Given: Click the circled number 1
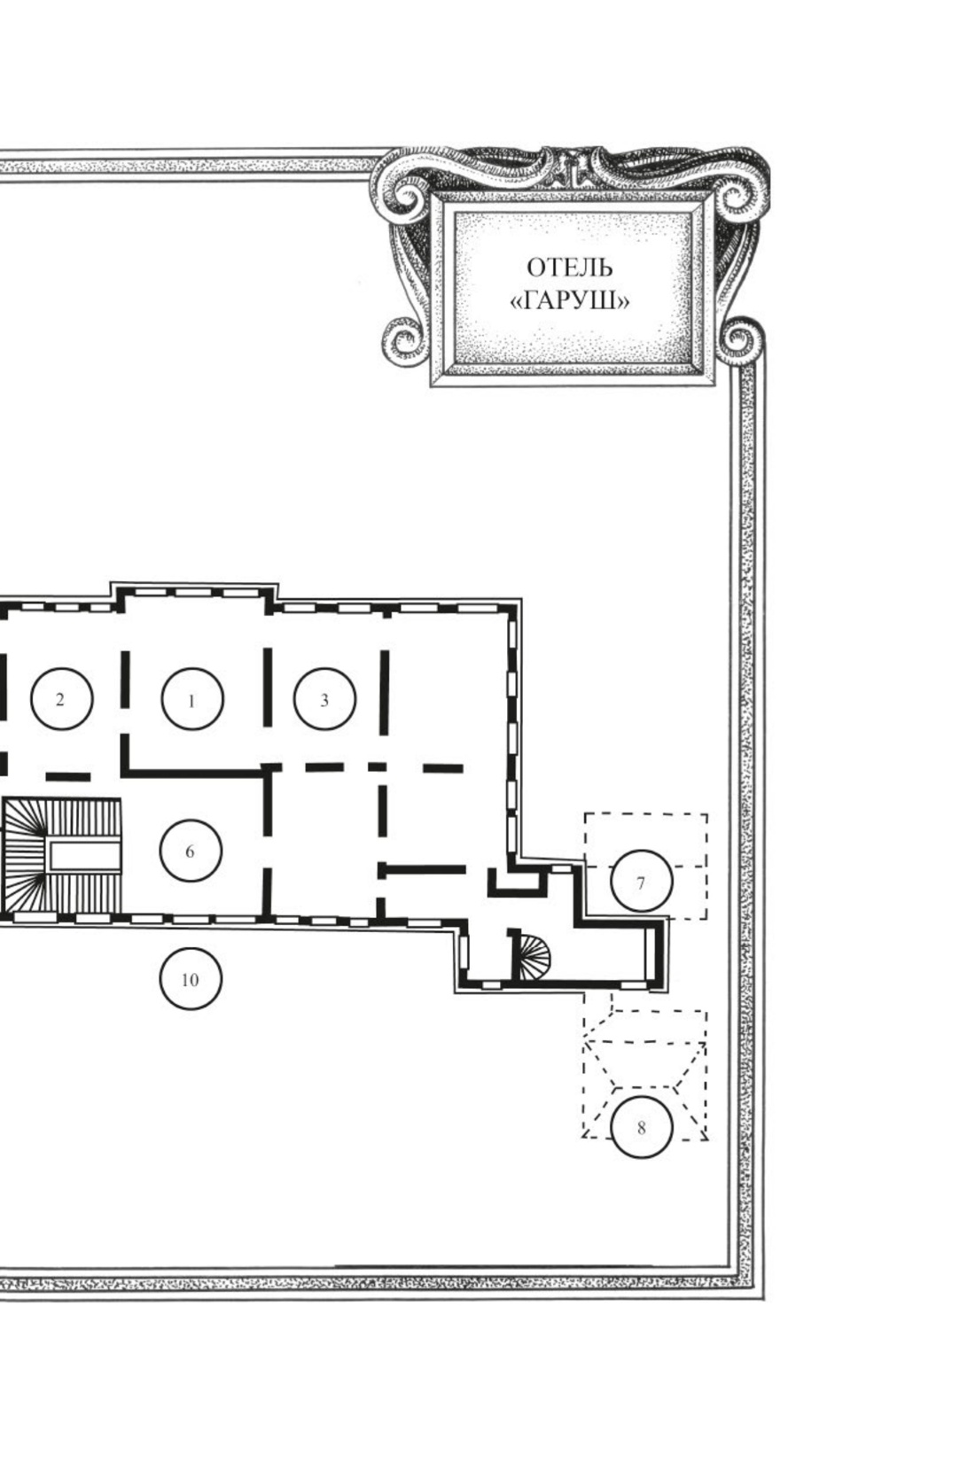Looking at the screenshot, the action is tap(192, 699).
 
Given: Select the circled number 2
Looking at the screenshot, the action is tap(61, 698).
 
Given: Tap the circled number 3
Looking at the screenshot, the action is tap(324, 698).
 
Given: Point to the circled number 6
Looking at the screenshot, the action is tap(191, 851).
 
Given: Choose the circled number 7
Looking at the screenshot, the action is tap(641, 881).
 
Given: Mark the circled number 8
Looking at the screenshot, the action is tap(642, 1126).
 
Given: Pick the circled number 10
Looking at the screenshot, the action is tap(191, 979).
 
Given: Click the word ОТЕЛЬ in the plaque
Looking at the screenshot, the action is tap(569, 268).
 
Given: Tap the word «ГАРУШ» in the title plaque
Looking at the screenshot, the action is tap(569, 301).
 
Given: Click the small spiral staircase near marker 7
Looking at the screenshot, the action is tap(534, 955).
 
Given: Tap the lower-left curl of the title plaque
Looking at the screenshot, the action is tap(402, 342).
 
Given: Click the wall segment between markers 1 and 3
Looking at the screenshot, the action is tap(267, 687).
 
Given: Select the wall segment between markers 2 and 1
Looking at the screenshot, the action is tap(125, 679).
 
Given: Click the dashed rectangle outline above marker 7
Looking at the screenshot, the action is tap(646, 866).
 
